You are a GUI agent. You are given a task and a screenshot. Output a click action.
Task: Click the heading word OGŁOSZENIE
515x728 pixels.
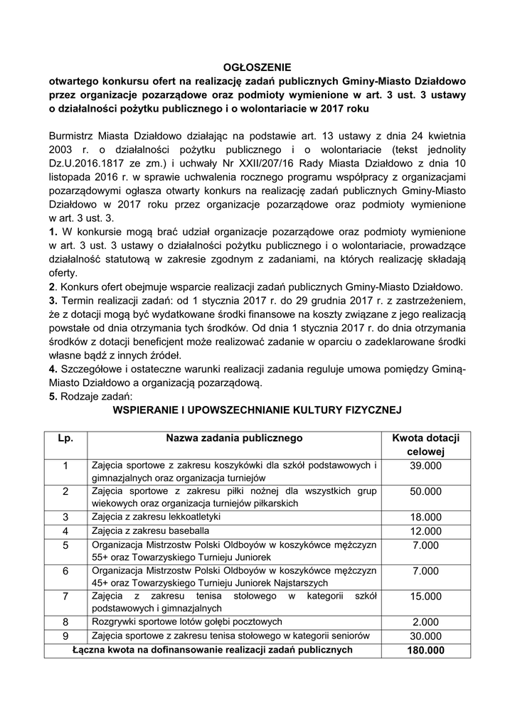[x=257, y=68]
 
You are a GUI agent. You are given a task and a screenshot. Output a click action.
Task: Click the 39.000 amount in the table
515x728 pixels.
[x=425, y=466]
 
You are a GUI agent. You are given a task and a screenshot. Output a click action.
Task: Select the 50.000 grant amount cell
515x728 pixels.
[x=425, y=491]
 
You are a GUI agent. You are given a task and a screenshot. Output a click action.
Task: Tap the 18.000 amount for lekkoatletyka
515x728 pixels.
[x=425, y=517]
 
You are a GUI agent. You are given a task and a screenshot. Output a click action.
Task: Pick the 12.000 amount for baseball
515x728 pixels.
[x=425, y=530]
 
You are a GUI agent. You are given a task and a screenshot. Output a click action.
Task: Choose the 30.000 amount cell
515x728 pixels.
[x=425, y=636]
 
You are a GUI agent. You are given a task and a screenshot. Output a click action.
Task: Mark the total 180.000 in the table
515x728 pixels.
[x=425, y=651]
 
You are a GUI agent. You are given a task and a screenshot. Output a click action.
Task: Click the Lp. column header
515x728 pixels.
[x=65, y=438]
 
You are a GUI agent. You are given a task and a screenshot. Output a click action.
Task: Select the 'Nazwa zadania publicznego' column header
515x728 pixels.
[x=235, y=438]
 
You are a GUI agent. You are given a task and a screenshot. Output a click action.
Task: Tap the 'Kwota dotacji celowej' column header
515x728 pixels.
[x=425, y=444]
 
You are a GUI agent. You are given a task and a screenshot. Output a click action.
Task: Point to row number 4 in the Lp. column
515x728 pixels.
[x=65, y=530]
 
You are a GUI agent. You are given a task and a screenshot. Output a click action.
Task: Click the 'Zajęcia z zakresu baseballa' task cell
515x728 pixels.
[x=150, y=530]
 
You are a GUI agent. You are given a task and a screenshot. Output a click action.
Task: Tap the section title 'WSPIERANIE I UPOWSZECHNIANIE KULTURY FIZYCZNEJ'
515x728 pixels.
[x=257, y=410]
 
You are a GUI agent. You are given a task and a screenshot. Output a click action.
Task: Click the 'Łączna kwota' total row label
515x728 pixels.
[x=213, y=650]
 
